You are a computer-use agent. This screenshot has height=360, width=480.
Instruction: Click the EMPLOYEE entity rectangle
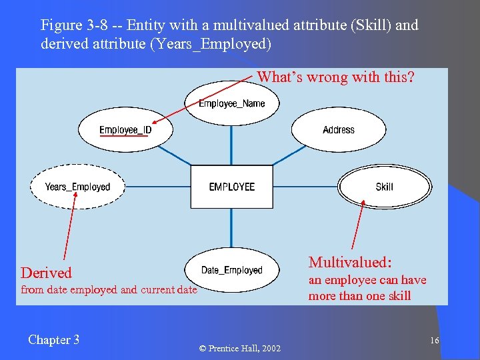tap(231, 187)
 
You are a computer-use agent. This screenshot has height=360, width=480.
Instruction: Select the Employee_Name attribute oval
tap(231, 103)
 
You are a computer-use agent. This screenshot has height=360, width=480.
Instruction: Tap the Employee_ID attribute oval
tap(125, 130)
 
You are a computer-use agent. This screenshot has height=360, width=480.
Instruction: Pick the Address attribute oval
tap(338, 130)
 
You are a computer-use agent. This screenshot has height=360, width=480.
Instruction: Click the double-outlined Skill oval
tap(385, 187)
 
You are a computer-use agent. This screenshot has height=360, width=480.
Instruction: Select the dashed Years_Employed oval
tap(77, 187)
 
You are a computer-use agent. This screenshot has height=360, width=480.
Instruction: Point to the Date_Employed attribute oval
tap(231, 270)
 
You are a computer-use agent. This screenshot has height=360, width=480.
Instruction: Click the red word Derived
tap(46, 273)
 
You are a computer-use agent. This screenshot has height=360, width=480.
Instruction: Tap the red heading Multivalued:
tap(350, 262)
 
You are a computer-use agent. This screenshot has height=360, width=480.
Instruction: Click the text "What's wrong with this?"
tap(335, 77)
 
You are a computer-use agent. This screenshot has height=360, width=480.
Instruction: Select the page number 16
tap(434, 341)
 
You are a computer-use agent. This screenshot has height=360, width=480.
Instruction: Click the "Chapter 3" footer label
tap(53, 340)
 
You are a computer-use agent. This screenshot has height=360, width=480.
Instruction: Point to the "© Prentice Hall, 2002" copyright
tap(240, 349)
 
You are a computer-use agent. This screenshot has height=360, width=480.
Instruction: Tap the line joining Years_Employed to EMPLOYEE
tap(157, 187)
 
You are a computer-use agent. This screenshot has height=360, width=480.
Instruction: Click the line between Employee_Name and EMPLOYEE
tap(231, 144)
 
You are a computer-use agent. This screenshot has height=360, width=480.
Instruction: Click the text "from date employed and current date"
tap(109, 289)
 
